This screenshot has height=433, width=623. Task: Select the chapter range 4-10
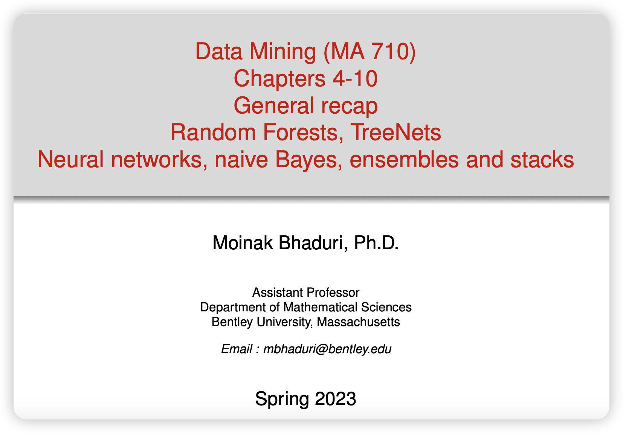[355, 79]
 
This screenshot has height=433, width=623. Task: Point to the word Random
[213, 133]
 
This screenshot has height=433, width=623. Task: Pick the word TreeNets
[395, 133]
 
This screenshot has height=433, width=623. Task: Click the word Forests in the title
[303, 133]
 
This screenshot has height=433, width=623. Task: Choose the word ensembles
[404, 159]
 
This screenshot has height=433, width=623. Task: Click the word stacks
[542, 159]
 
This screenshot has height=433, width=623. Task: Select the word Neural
[71, 159]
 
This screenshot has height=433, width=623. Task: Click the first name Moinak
[243, 243]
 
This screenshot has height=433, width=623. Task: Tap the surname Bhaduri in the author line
[313, 243]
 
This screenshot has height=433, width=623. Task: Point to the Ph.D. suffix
[376, 243]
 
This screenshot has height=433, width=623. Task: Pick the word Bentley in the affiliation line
[232, 322]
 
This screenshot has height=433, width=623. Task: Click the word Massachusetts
[358, 322]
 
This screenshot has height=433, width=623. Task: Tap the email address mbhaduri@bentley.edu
[327, 349]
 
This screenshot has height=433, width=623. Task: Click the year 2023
[336, 399]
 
